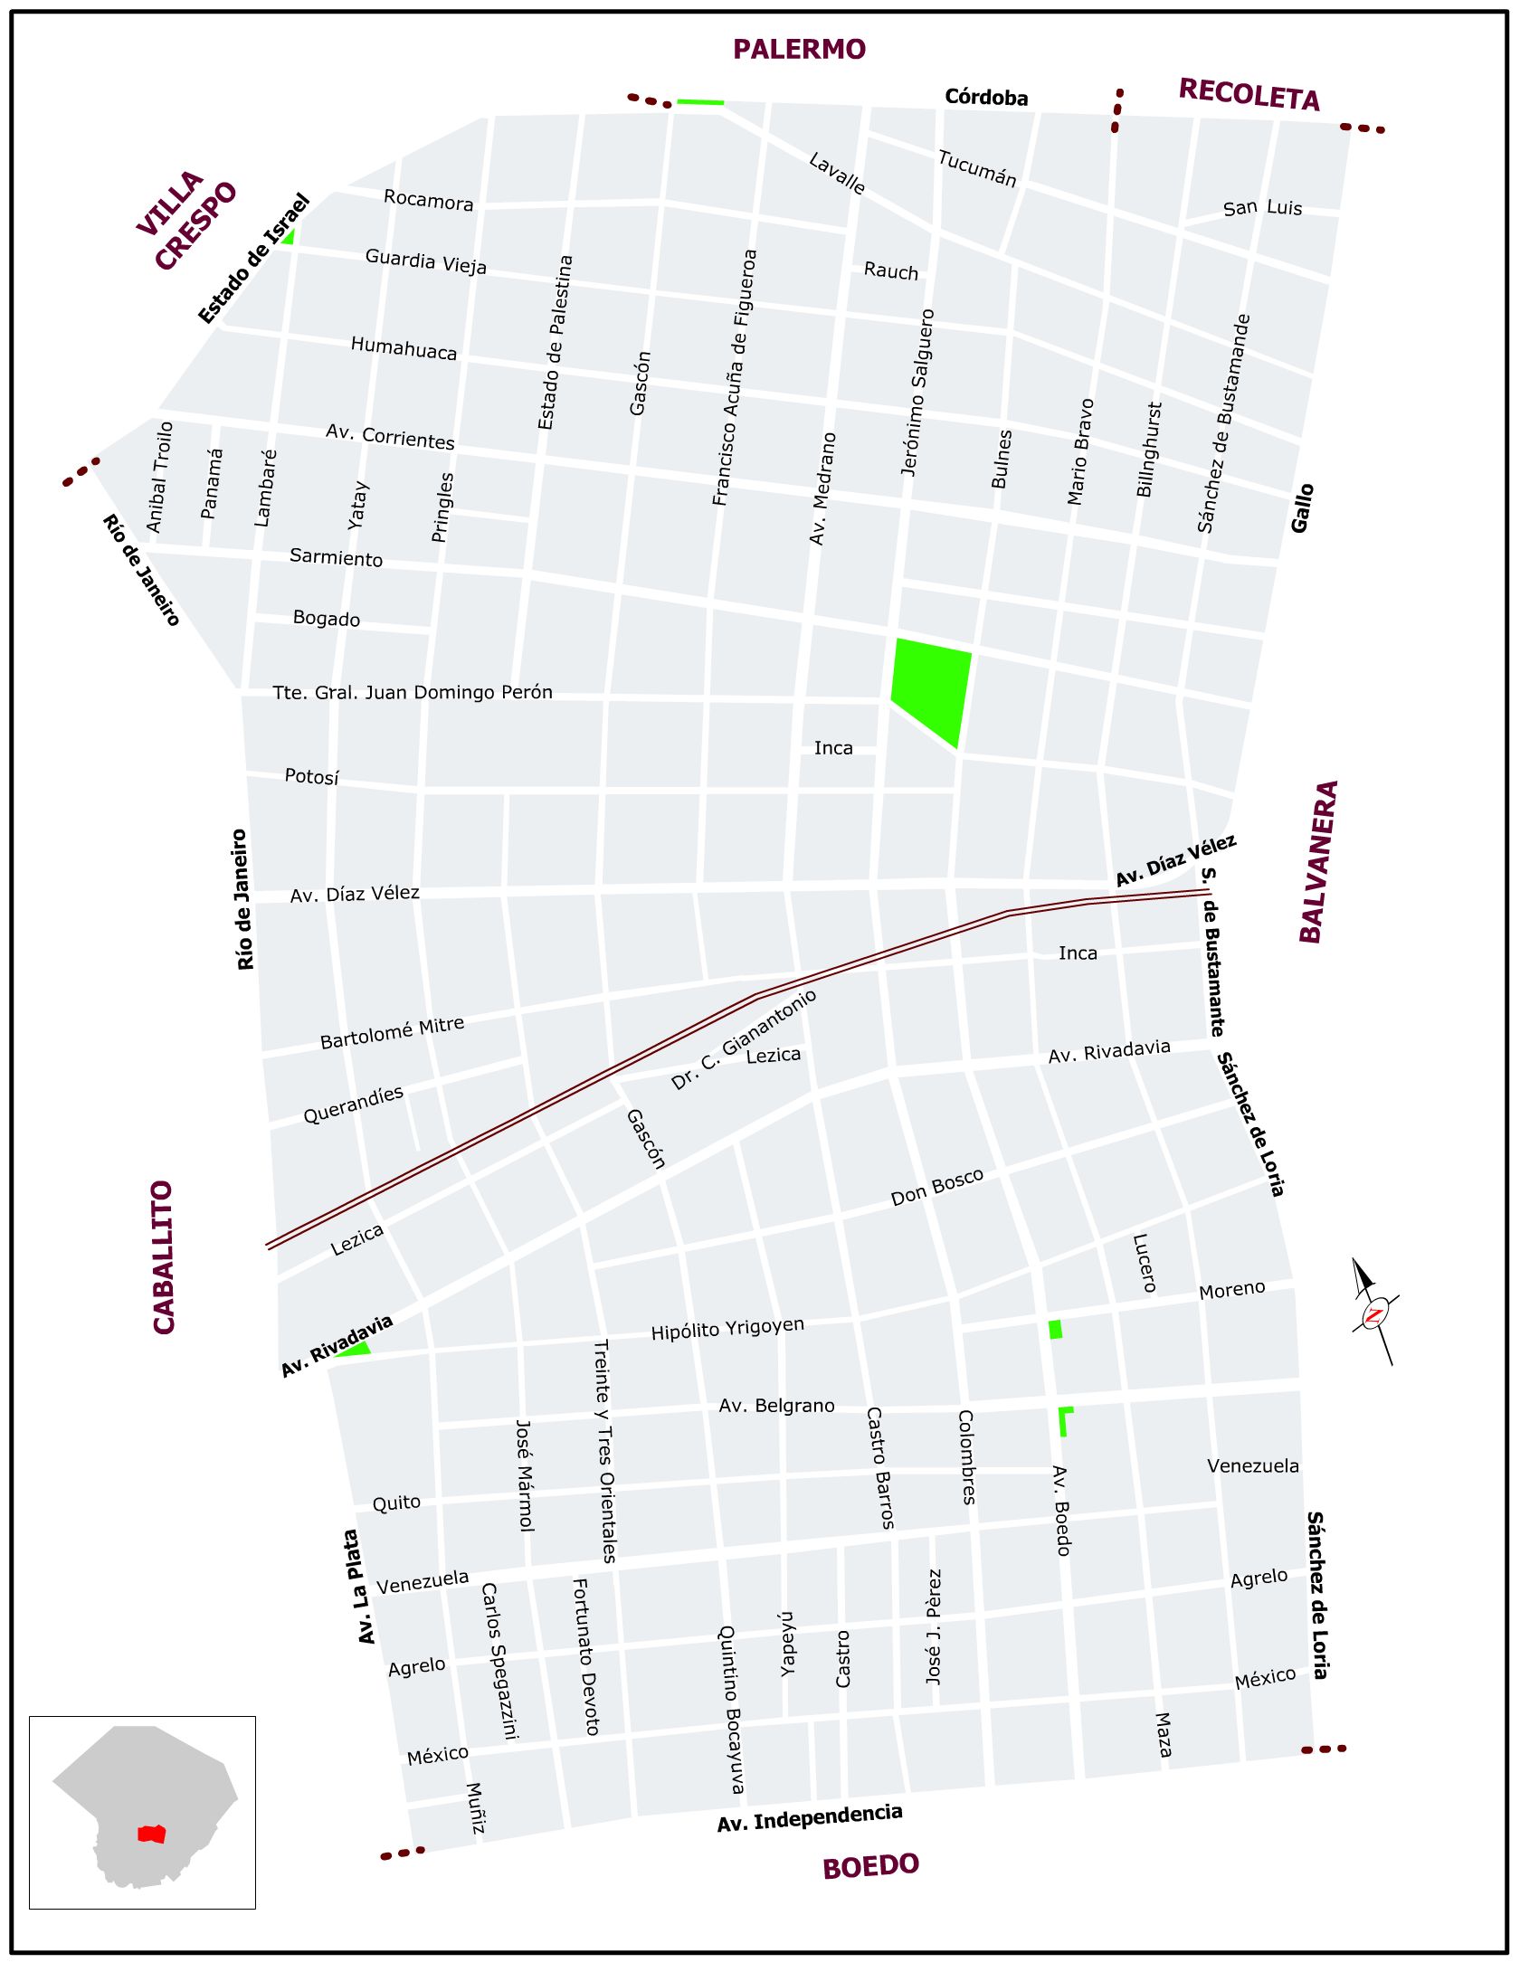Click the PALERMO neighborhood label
coord(799,49)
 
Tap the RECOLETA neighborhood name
coord(1249,94)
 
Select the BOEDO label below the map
coord(870,1866)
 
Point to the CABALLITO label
coord(164,1257)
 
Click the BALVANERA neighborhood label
coord(1318,862)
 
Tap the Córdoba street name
coord(986,98)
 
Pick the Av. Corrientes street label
coord(390,437)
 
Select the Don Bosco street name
coord(936,1187)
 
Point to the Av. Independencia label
coord(810,1818)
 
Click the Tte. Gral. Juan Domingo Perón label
coord(413,693)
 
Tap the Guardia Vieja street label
coord(425,261)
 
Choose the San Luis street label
coord(1262,208)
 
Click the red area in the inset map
coord(151,1834)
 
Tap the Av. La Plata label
coord(359,1588)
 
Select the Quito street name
coord(396,1503)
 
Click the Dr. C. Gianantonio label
coord(744,1039)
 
